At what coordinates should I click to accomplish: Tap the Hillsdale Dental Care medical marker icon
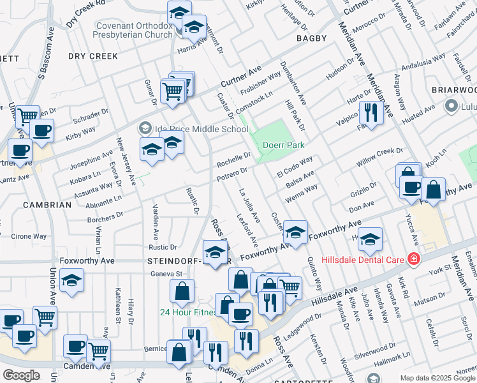pos(414,259)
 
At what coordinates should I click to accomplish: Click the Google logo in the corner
pos(21,375)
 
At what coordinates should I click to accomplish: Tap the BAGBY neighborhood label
pos(311,38)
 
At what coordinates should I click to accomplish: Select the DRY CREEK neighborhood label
pos(94,56)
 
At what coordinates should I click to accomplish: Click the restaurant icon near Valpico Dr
pos(370,113)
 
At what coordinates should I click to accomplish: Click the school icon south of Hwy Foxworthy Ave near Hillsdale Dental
pos(370,240)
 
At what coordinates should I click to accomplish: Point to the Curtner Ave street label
pos(242,77)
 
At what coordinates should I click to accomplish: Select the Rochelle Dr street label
pos(233,159)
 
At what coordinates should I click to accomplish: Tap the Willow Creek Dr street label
pos(380,157)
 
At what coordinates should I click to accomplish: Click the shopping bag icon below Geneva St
pos(182,291)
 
